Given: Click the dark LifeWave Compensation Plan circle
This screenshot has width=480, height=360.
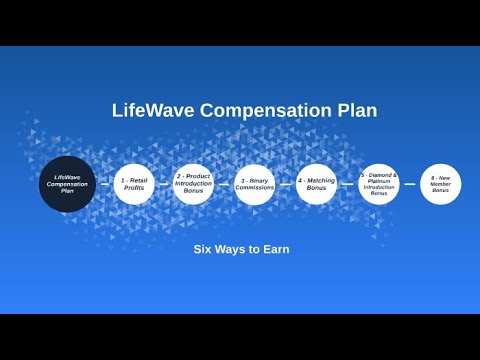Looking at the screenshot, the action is tap(67, 184).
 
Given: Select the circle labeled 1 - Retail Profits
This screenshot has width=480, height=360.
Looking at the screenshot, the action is tap(134, 184).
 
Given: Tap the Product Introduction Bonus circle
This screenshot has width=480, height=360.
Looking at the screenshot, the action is tap(193, 184).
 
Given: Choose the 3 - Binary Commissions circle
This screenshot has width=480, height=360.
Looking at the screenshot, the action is tap(255, 184).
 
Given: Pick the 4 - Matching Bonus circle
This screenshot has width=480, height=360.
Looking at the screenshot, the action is tap(316, 184).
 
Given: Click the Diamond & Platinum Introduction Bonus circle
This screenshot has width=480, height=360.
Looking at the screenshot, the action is tap(379, 184).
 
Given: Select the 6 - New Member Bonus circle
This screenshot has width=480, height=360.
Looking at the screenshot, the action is tap(441, 184).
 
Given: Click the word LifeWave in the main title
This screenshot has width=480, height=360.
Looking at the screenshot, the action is tap(153, 110).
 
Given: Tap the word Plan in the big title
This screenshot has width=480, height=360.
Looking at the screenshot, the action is tap(357, 110).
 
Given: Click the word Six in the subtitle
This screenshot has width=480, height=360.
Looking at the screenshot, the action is tap(202, 249).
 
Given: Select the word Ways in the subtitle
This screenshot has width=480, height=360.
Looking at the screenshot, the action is tap(229, 250).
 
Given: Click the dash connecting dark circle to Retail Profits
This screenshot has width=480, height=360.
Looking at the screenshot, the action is tap(105, 184).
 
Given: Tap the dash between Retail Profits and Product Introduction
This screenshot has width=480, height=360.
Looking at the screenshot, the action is tap(164, 184).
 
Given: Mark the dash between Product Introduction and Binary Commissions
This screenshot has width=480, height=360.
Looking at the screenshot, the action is tap(224, 184).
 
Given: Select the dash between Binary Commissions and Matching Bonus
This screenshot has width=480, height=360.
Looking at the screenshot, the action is tap(286, 184).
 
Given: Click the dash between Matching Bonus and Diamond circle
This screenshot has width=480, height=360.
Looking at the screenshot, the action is tap(347, 184).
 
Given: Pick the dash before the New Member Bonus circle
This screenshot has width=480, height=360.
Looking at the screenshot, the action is tap(410, 184).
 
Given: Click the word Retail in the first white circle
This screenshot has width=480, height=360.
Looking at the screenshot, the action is tap(138, 180).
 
